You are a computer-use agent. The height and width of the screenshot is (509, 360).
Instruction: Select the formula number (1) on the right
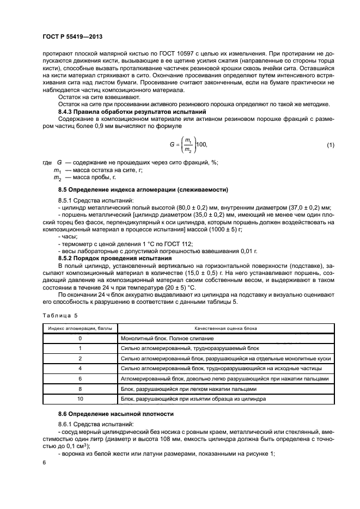pos(330,144)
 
